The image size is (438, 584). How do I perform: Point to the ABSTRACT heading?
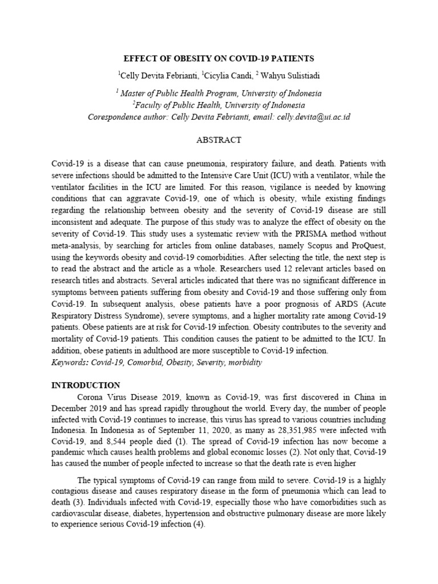pos(218,140)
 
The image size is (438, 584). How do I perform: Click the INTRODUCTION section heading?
pos(86,385)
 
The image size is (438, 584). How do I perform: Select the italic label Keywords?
pos(70,363)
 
